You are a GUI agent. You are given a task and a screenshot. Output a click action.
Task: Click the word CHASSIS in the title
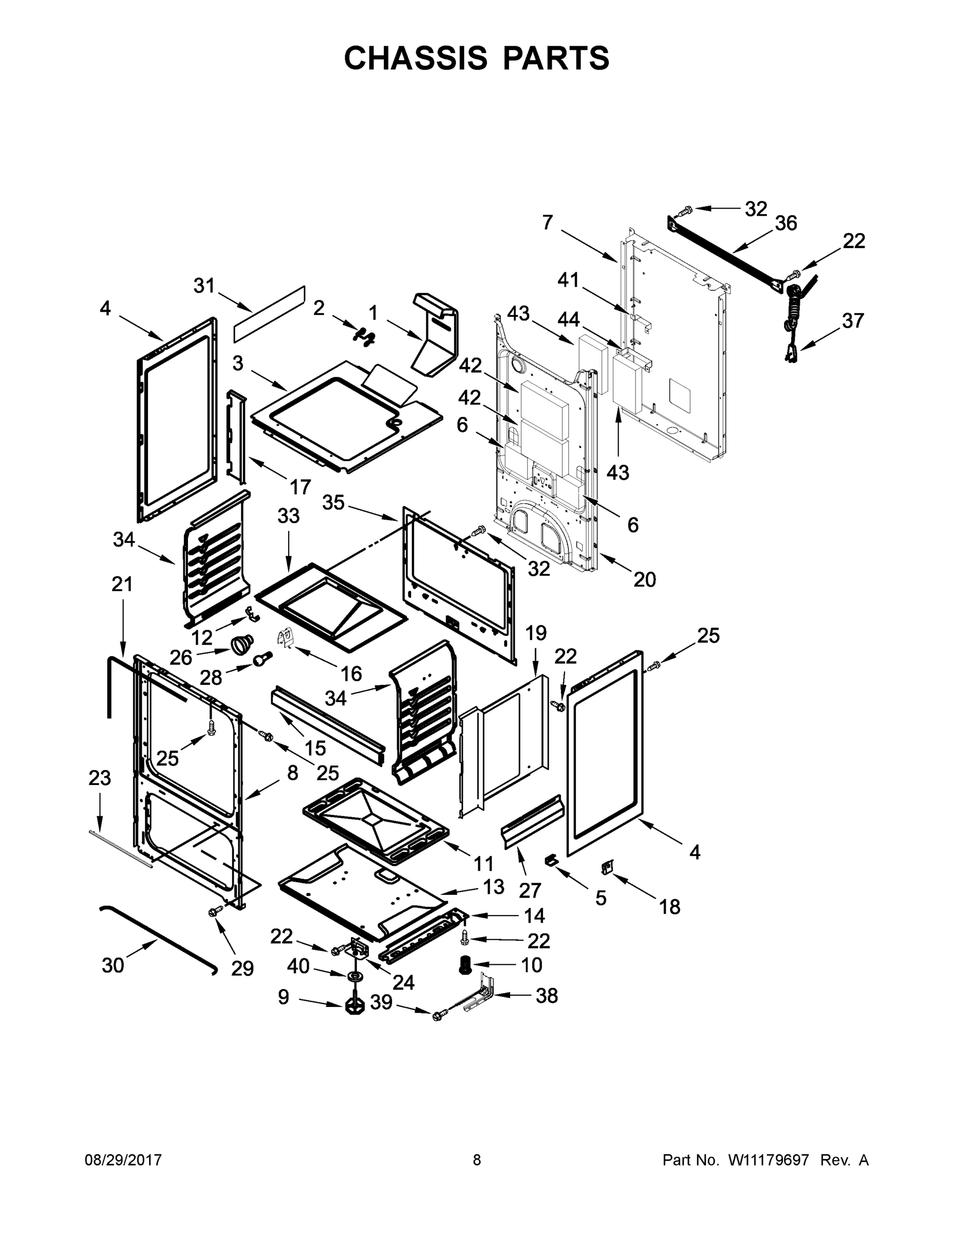click(416, 58)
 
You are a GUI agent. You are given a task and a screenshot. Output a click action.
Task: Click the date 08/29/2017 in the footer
click(123, 1160)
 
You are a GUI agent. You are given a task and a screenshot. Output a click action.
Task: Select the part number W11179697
click(769, 1160)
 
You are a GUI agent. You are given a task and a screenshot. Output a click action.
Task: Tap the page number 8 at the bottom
click(477, 1160)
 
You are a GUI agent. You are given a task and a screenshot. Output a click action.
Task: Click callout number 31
click(204, 286)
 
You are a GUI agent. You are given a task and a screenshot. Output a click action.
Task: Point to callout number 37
click(852, 321)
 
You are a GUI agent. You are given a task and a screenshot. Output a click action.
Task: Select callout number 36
click(786, 223)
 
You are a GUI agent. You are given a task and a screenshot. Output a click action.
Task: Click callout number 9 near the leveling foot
click(284, 997)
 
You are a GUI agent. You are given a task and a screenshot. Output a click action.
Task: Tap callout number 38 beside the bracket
click(547, 996)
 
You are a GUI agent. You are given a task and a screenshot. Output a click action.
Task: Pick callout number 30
click(113, 965)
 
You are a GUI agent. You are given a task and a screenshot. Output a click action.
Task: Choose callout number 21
click(122, 584)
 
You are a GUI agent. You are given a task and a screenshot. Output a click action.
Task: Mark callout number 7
click(547, 222)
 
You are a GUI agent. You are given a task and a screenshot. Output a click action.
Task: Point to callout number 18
click(669, 907)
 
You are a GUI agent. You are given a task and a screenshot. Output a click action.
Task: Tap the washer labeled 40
click(356, 976)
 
